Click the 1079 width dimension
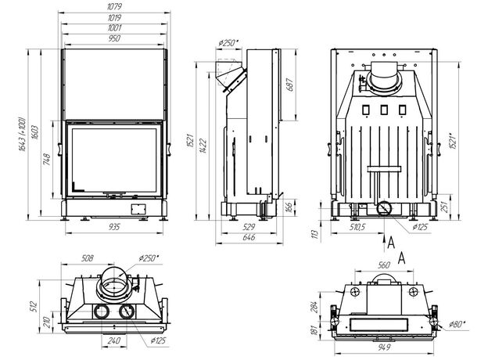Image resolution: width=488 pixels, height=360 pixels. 114,6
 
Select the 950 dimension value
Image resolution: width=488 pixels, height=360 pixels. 114,38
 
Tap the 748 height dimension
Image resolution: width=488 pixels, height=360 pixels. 47,159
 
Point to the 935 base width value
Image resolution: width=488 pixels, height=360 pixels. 114,227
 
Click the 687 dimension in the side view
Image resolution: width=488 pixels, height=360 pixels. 289,85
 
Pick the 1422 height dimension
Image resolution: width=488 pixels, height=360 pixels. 204,146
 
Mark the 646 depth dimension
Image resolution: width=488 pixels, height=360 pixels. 249,237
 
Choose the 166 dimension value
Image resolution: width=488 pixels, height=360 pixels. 289,207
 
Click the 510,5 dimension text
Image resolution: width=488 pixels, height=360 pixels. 357,227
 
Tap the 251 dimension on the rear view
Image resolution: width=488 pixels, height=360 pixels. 445,206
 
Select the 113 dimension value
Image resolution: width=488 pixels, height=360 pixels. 316,234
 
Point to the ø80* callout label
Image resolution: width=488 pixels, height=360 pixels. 457,324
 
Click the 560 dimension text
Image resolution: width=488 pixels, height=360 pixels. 384,265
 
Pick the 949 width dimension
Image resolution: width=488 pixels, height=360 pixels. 384,347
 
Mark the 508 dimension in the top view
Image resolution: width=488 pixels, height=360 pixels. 88,258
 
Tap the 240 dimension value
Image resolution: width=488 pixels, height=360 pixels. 113,340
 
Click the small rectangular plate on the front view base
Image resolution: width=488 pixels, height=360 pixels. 138,209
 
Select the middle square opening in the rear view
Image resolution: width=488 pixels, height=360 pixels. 384,110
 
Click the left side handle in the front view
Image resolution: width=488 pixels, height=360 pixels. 59,149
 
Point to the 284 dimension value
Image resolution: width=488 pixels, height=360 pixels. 314,307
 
